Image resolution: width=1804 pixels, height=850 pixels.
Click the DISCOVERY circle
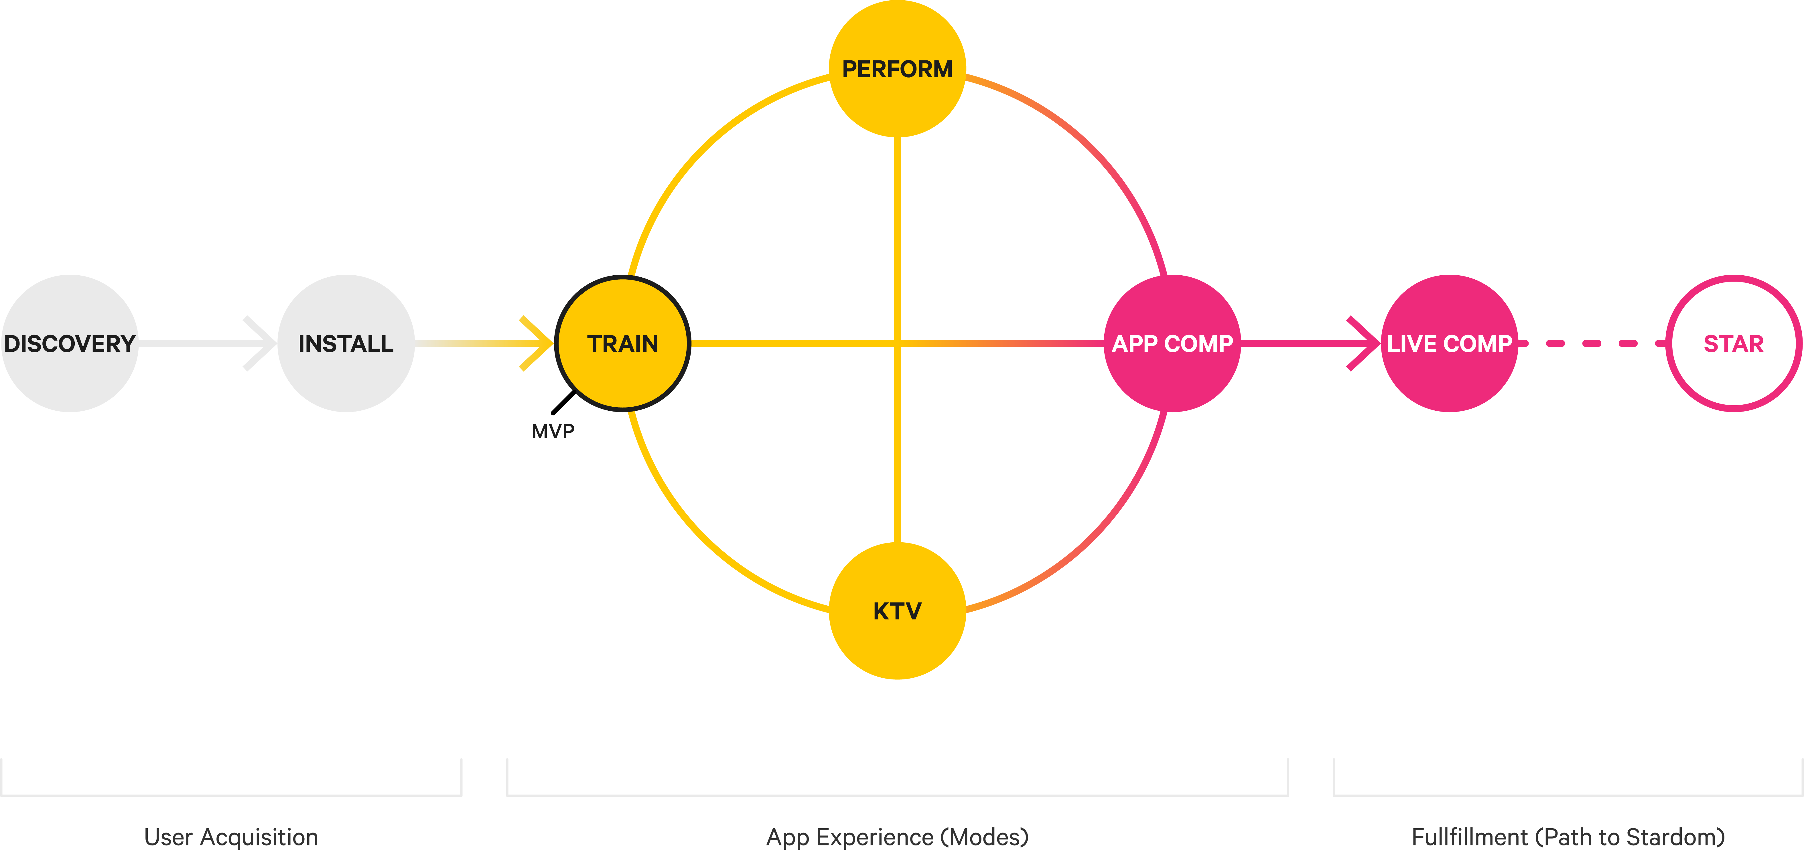70,343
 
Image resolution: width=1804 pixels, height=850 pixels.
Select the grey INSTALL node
346,343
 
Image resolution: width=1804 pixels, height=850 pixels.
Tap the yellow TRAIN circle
623,343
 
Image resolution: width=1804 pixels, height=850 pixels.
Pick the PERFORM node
897,69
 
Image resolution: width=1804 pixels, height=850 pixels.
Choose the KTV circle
897,610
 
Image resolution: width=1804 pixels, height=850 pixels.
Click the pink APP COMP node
1172,343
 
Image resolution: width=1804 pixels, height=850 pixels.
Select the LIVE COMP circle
1449,343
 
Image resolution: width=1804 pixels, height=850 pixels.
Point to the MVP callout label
553,431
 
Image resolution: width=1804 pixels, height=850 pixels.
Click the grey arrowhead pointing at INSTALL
261,343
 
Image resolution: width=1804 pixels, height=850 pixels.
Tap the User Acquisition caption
231,837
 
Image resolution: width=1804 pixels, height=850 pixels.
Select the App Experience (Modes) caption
897,837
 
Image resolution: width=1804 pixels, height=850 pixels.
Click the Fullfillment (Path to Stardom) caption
1568,837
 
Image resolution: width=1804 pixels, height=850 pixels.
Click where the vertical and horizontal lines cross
897,343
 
